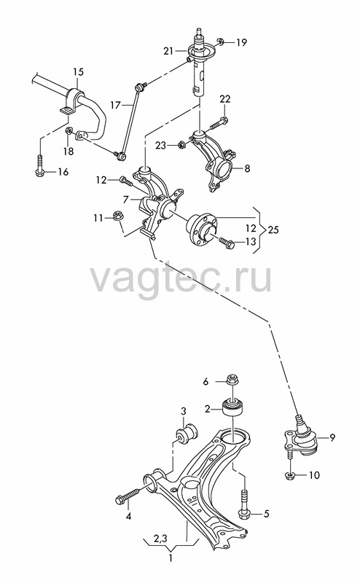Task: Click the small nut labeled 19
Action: pos(220,42)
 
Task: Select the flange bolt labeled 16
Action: pos(39,165)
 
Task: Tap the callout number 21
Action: pos(168,50)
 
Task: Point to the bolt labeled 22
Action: pos(219,122)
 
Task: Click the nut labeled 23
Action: pos(181,144)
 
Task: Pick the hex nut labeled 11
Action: pos(118,216)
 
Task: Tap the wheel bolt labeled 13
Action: pos(226,243)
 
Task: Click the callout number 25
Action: pos(273,230)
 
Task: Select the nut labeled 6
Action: pos(232,380)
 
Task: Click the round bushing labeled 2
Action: pos(232,409)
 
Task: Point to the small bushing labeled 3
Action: pos(187,433)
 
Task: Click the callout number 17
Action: pos(116,105)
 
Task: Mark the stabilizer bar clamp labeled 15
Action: pos(73,100)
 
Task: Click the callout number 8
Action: pos(247,168)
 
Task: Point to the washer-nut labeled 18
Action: pos(69,131)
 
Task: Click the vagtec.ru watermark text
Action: pos(181,278)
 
